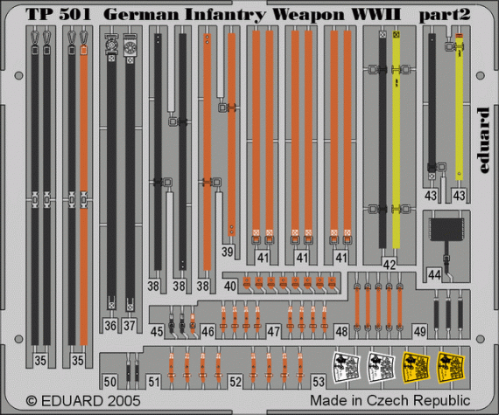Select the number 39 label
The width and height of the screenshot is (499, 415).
point(227,252)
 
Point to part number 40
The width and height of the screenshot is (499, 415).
point(230,286)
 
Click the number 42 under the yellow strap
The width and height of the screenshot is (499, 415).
point(389,265)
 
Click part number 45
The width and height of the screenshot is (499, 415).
point(156,331)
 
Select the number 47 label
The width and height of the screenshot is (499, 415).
point(274,331)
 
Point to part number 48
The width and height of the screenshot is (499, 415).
point(341,331)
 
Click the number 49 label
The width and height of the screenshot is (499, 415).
point(421,331)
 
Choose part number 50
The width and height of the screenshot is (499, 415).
point(109,382)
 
